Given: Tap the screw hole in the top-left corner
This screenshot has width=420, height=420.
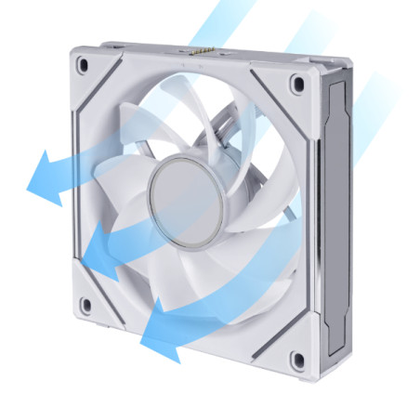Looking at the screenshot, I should coord(84,66).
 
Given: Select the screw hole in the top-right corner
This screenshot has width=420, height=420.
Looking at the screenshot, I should coord(296,85).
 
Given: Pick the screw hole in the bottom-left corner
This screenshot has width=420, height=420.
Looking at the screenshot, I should coord(85,304).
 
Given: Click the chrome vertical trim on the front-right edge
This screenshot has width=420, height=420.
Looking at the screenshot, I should coord(322,223).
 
